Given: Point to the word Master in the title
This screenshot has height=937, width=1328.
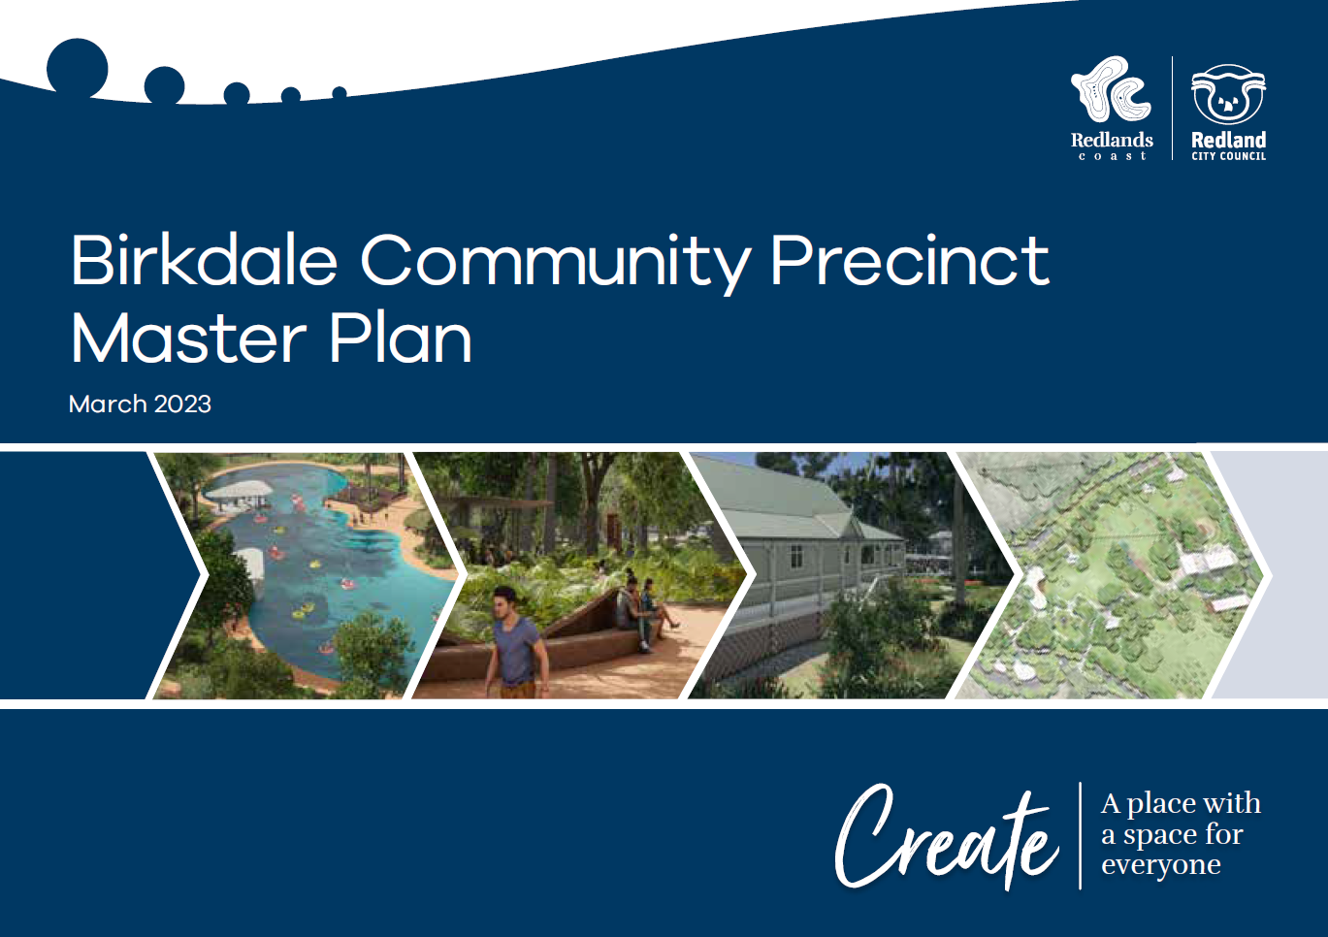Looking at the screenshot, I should (188, 339).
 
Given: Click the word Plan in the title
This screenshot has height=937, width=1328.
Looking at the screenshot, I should (400, 339).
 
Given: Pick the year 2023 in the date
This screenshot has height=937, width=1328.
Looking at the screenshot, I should (182, 404).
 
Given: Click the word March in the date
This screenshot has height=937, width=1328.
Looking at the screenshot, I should (108, 404).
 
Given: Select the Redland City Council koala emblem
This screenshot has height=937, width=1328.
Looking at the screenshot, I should (1228, 95).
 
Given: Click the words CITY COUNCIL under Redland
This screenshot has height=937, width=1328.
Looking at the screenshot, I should (1228, 156).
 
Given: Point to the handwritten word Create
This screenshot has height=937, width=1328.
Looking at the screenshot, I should (946, 838).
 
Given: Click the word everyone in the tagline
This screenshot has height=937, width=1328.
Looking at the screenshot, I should (1160, 865).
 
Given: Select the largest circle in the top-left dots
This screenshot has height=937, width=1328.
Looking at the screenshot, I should (78, 68).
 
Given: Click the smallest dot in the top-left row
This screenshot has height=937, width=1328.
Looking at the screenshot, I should (340, 93).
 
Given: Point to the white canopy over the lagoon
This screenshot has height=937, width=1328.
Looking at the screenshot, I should (239, 490).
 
